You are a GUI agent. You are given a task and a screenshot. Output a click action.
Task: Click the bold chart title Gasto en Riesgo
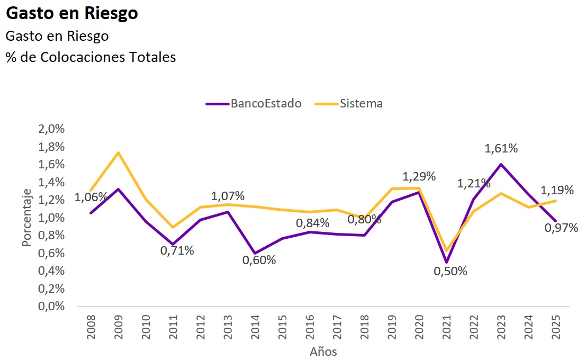[x=72, y=14]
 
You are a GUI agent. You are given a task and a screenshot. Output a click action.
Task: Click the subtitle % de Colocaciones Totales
[x=91, y=57]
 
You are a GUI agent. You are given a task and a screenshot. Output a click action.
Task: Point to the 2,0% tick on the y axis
[x=50, y=130]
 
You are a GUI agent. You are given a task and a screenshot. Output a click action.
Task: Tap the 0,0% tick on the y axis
[x=50, y=307]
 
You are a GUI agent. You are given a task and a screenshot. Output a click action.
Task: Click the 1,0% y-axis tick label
[x=50, y=218]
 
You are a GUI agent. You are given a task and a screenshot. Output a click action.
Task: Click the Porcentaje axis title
[x=27, y=218]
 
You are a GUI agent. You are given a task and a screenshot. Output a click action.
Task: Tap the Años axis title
[x=323, y=351]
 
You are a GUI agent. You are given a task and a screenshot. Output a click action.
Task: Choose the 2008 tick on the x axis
[x=91, y=324]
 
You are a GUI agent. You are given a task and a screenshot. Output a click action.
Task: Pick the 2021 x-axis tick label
[x=446, y=324]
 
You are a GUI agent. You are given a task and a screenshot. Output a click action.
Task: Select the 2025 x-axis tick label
[x=556, y=324]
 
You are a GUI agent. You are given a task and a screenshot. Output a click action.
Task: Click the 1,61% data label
[x=501, y=148]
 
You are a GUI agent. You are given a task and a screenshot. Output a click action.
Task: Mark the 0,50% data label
[x=450, y=271]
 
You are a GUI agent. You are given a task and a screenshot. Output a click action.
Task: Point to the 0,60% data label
[x=259, y=260]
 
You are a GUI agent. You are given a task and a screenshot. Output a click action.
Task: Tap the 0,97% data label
[x=561, y=228]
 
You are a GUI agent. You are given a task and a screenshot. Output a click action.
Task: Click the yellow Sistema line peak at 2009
[x=118, y=152]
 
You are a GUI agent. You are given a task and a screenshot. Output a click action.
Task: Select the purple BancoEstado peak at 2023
[x=501, y=164]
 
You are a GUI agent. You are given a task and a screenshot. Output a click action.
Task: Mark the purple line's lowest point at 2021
[x=446, y=262]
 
